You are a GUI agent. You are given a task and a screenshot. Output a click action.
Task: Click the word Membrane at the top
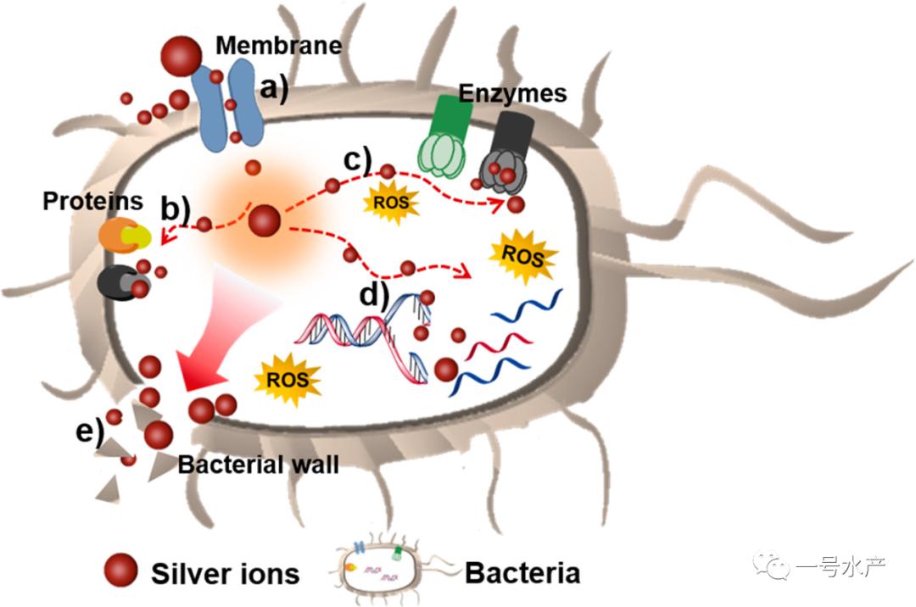pyautogui.click(x=278, y=45)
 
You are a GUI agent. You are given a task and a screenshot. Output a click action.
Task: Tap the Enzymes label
pyautogui.click(x=512, y=92)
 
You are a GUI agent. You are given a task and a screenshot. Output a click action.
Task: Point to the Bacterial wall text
pyautogui.click(x=258, y=465)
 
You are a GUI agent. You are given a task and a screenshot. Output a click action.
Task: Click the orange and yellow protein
pyautogui.click(x=126, y=237)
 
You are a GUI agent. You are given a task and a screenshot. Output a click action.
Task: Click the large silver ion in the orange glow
pyautogui.click(x=265, y=221)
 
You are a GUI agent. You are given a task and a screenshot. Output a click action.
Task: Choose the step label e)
pyautogui.click(x=88, y=432)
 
